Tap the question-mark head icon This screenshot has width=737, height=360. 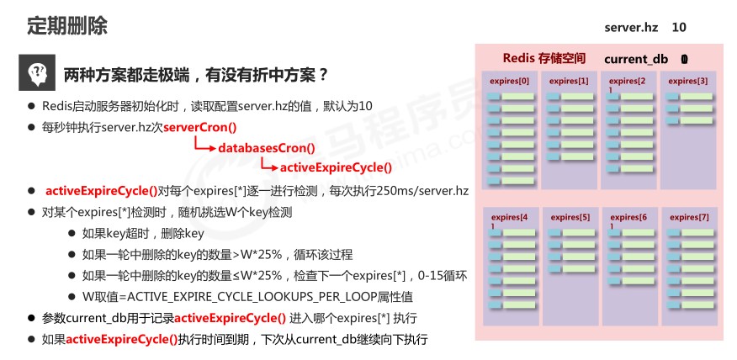click(35, 75)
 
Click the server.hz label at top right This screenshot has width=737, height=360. click(630, 28)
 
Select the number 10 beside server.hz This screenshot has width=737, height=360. click(678, 28)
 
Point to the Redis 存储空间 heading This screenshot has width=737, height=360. click(543, 58)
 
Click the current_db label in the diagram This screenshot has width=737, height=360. click(636, 59)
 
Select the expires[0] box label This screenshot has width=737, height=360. click(510, 81)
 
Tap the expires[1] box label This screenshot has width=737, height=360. click(569, 81)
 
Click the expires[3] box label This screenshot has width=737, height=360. click(688, 81)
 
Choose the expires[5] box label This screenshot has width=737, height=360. click(570, 217)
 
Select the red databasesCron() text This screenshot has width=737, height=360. click(266, 147)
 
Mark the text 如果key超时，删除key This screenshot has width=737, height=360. click(143, 233)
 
